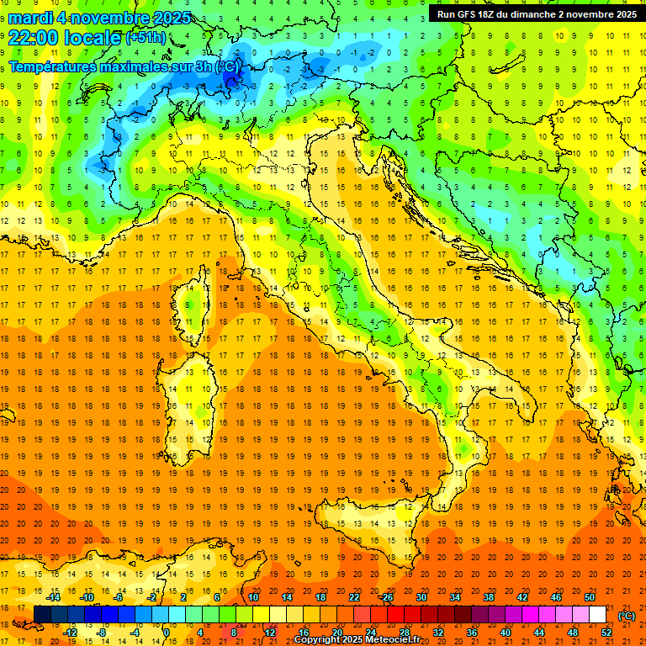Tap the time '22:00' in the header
point(34,37)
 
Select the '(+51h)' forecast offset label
point(146,38)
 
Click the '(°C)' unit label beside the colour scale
point(627,616)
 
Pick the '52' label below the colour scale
point(606,633)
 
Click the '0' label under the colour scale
point(167,633)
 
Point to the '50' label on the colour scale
point(590,597)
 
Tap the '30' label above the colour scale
point(421,597)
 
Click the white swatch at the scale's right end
point(597,615)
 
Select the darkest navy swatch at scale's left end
point(42,615)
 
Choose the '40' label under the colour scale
point(506,633)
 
